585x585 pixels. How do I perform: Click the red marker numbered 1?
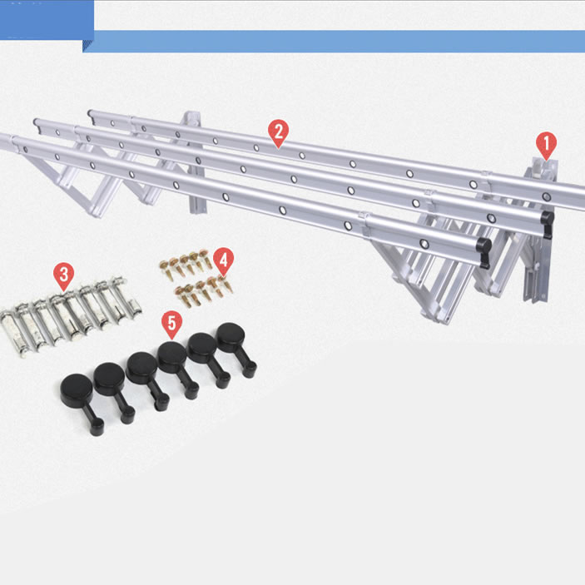click(546, 145)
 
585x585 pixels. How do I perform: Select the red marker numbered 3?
click(64, 275)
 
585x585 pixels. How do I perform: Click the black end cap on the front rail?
click(483, 251)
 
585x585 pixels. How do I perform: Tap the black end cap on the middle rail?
click(548, 222)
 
